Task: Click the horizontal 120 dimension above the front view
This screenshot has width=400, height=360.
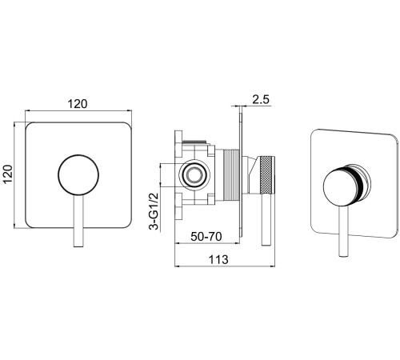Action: click(x=78, y=104)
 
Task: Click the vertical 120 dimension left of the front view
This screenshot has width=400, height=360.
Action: click(x=8, y=174)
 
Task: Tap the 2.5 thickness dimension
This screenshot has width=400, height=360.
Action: click(x=261, y=99)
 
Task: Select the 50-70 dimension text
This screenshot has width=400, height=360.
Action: click(x=206, y=236)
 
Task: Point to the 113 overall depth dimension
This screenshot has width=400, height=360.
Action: click(x=218, y=259)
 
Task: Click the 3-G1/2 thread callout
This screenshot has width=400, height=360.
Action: click(x=154, y=211)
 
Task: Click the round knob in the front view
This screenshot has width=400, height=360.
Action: click(x=78, y=174)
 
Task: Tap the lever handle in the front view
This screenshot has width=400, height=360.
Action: click(x=78, y=221)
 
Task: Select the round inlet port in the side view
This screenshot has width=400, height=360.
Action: click(x=194, y=175)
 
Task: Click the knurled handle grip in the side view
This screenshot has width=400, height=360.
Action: click(x=267, y=174)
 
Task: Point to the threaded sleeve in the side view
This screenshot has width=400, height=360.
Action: click(x=231, y=174)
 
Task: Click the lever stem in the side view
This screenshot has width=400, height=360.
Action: click(x=266, y=219)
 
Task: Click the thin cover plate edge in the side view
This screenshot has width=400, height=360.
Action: click(x=241, y=175)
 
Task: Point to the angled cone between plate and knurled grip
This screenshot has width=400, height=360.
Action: click(x=251, y=174)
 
